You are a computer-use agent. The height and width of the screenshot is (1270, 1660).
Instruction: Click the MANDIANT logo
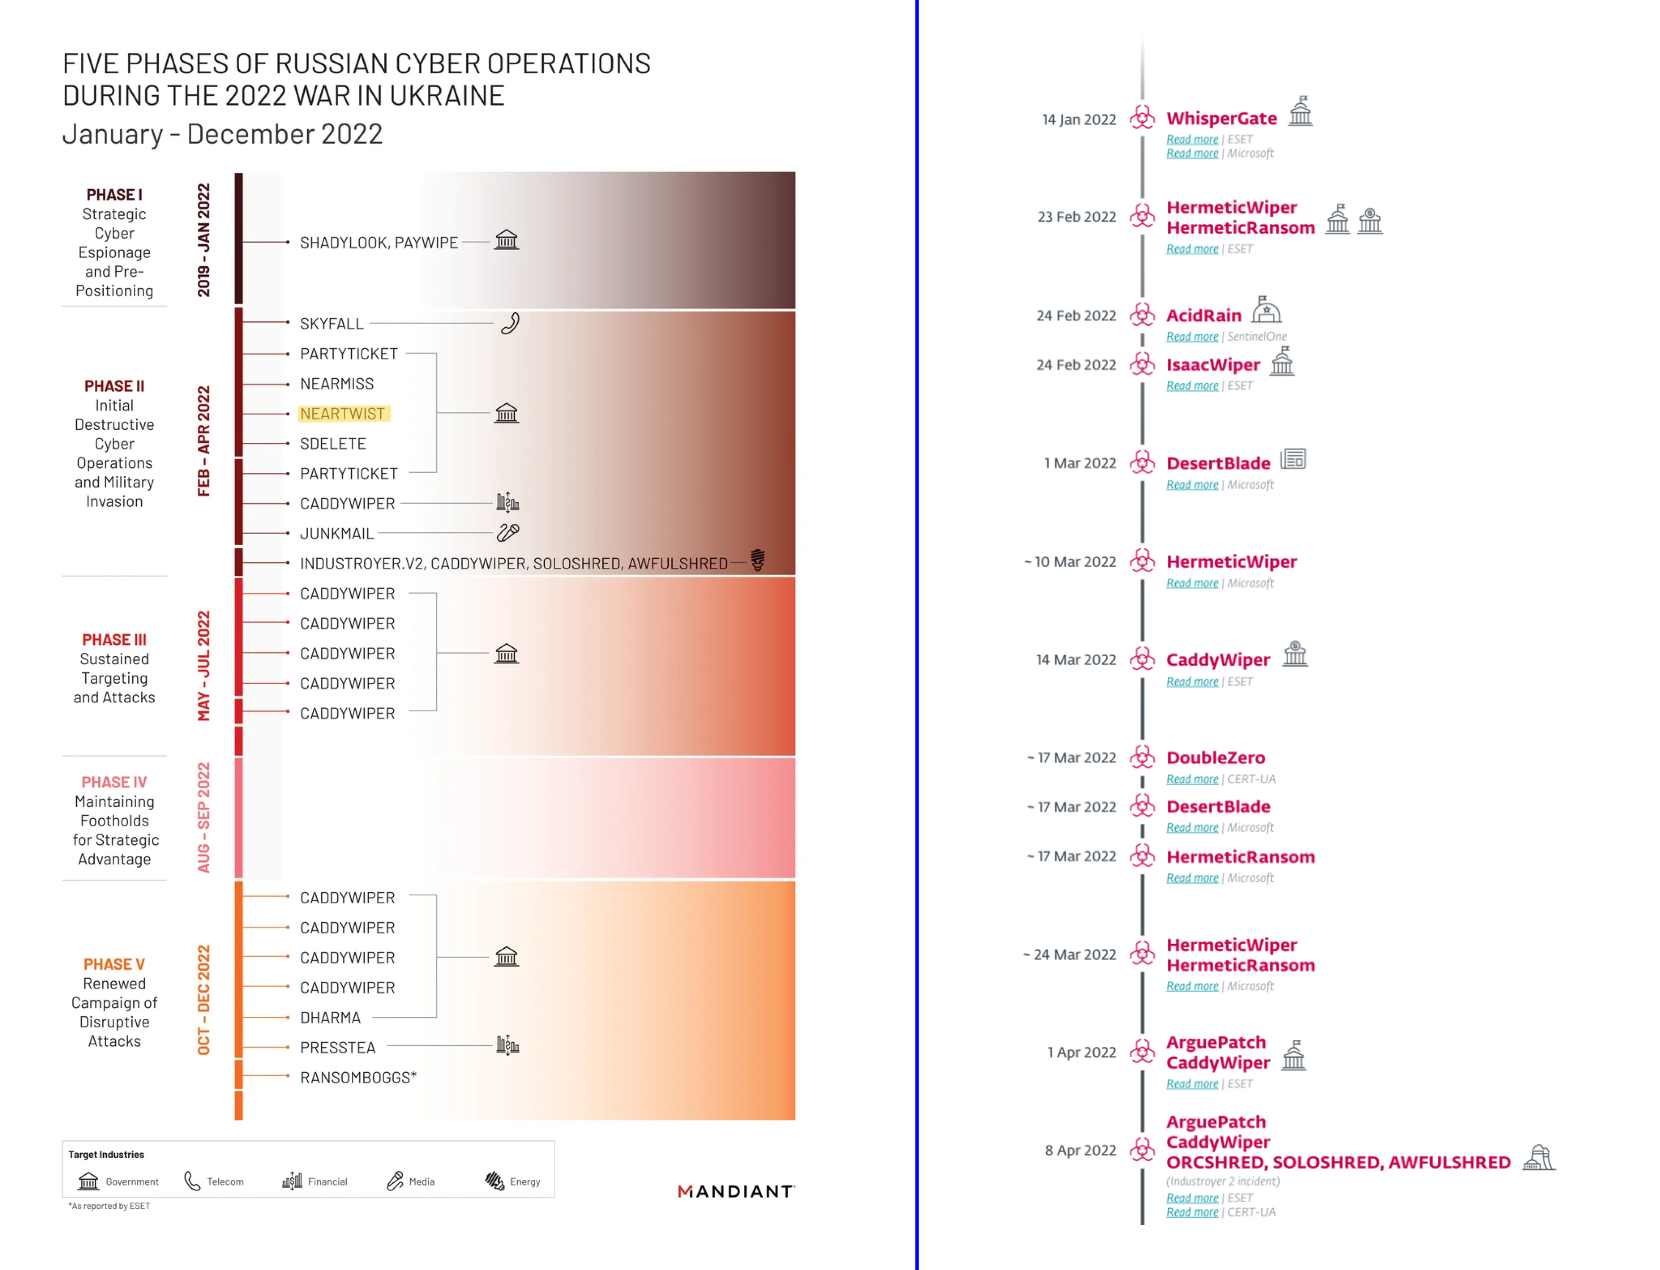tap(736, 1191)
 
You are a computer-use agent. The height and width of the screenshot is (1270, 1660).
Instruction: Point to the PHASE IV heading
tap(114, 782)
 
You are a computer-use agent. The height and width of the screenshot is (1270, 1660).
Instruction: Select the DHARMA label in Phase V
tap(330, 1018)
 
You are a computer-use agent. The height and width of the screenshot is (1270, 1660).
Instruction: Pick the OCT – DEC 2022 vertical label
tap(203, 999)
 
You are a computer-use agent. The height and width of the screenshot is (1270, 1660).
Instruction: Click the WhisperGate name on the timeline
tap(1221, 119)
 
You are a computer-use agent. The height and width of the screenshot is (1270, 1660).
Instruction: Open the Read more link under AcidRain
tap(1192, 337)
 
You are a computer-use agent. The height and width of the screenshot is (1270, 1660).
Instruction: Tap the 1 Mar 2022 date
tap(1079, 463)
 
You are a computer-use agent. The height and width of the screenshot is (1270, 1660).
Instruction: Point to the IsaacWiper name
tap(1213, 365)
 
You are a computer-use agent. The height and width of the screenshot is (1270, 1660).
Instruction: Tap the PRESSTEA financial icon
tap(507, 1046)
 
